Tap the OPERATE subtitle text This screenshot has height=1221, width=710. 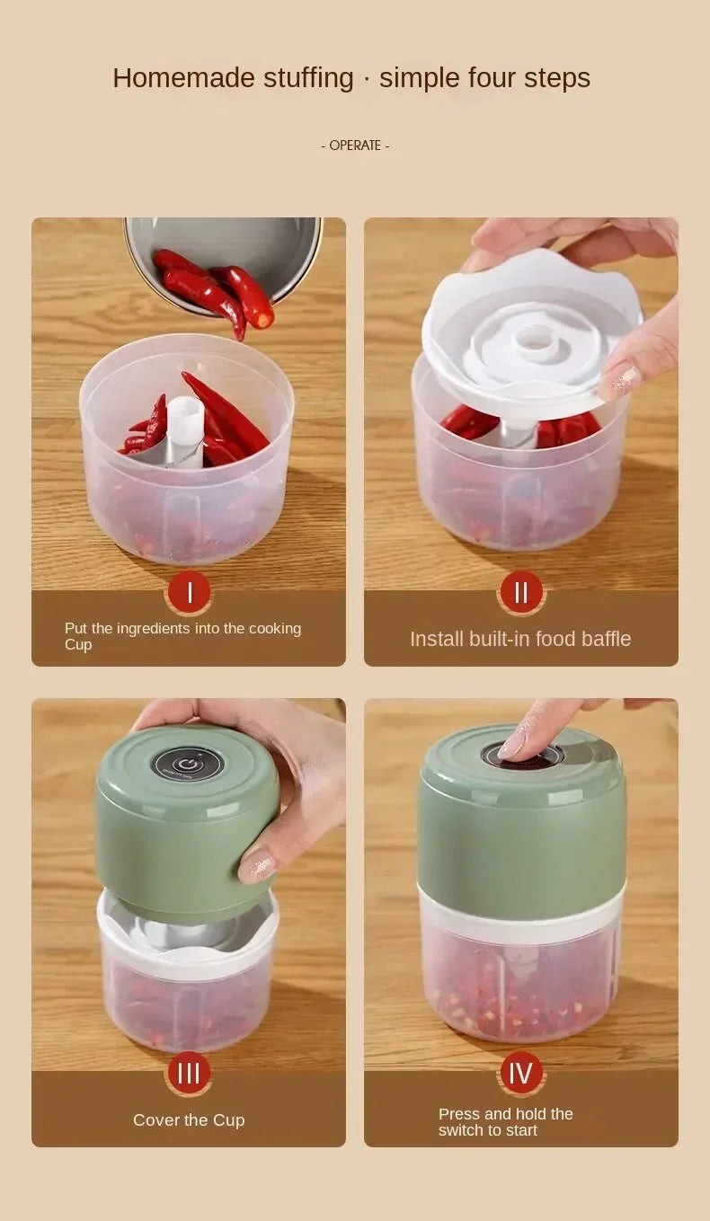tap(355, 146)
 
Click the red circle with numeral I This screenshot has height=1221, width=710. tap(189, 593)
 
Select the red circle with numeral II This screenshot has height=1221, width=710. tap(521, 593)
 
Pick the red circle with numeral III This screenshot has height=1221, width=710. tap(189, 1073)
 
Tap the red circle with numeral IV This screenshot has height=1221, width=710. tap(521, 1073)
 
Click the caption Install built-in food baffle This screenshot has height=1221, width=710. tap(520, 639)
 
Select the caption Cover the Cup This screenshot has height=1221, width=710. tap(189, 1120)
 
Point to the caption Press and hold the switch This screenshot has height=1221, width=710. tap(505, 1122)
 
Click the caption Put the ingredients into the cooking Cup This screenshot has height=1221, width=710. tap(182, 636)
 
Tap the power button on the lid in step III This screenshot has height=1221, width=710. tap(187, 764)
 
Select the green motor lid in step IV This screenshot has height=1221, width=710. tap(521, 827)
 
